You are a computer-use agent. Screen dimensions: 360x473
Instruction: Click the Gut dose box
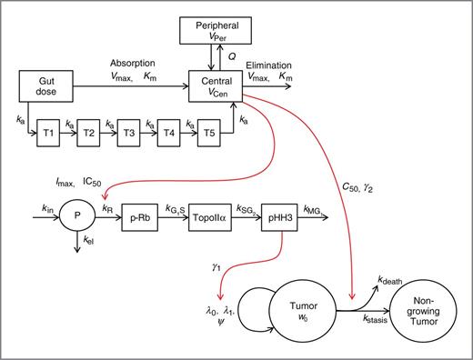pos(45,88)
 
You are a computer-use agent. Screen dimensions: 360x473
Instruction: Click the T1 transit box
pos(49,132)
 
